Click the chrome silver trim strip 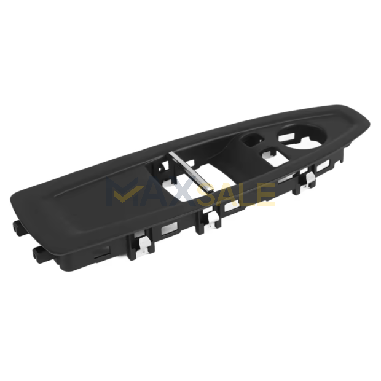point(191,171)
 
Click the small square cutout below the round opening point(274,157)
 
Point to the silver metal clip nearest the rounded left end point(143,246)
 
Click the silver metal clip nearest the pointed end point(307,179)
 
